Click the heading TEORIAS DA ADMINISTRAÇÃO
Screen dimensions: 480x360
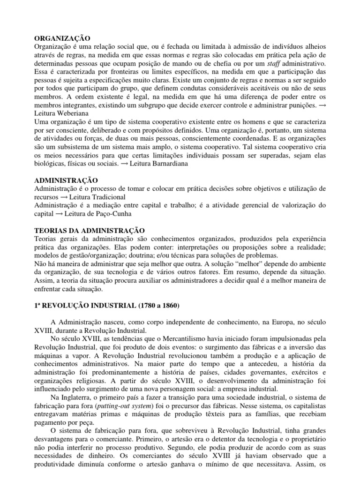pos(90,231)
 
